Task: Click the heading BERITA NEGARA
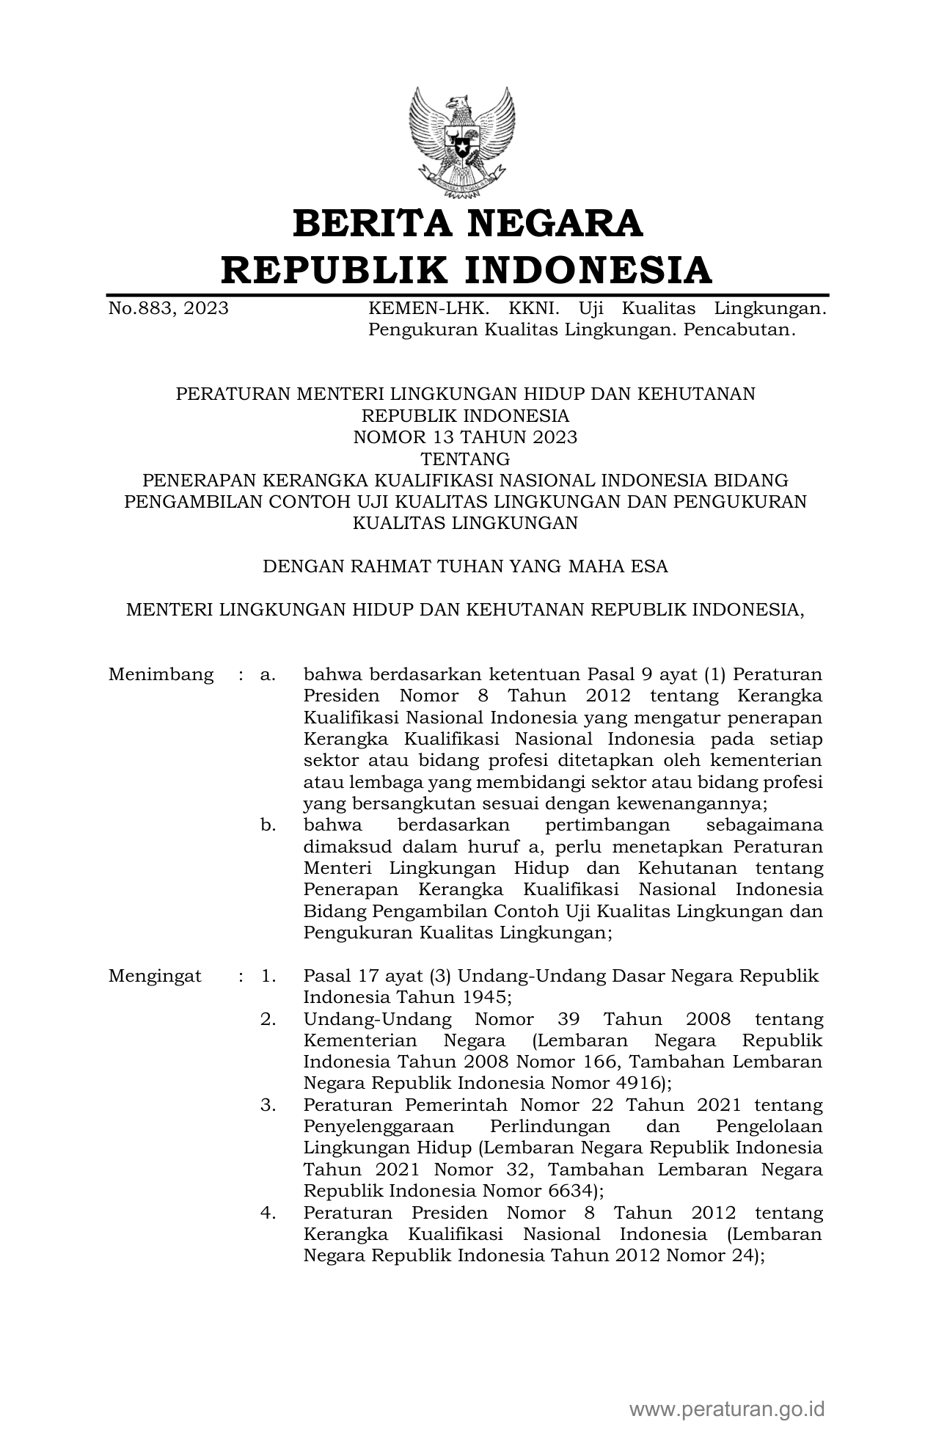[467, 224]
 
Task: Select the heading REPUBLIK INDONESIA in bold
[467, 269]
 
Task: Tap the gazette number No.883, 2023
[168, 308]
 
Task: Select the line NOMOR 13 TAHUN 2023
[465, 437]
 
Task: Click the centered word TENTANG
[465, 459]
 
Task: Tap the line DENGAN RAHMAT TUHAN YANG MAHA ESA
[465, 566]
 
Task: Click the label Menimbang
[161, 674]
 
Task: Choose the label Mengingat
[155, 976]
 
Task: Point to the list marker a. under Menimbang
[268, 674]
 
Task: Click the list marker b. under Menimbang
[268, 825]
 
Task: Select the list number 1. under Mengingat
[268, 976]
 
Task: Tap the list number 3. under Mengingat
[268, 1104]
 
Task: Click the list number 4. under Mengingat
[268, 1213]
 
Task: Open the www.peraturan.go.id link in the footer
[727, 1409]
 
